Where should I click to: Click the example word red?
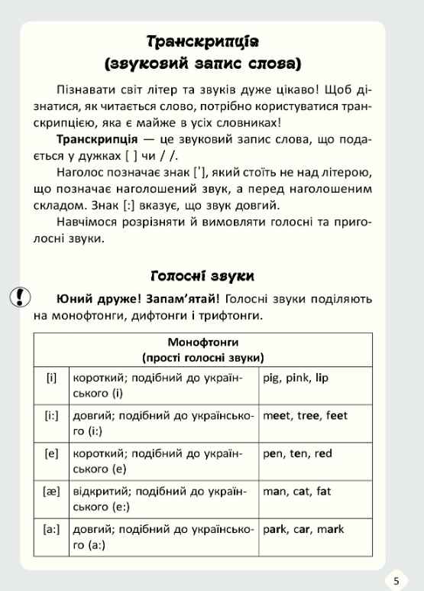(x=323, y=453)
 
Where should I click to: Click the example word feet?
(x=336, y=416)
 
